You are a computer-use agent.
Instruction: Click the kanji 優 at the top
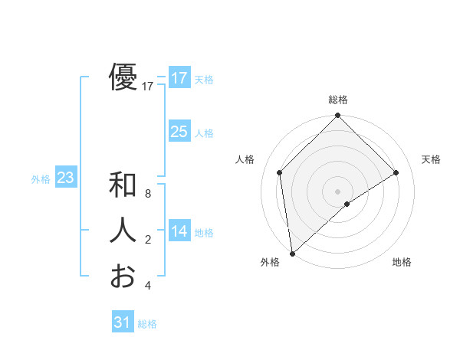[x=123, y=77]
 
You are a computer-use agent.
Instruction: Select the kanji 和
[x=123, y=186]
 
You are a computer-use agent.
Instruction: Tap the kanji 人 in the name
[x=123, y=231]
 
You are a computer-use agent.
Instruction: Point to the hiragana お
[x=123, y=275]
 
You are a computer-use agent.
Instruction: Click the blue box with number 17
[x=179, y=78]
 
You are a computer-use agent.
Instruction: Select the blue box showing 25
[x=179, y=132]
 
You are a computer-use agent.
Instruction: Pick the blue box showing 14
[x=179, y=231]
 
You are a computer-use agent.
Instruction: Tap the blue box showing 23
[x=65, y=178]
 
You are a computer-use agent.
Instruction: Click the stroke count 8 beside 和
[x=147, y=195]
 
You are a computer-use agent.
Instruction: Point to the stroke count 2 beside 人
[x=147, y=240]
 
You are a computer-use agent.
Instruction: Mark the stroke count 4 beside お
[x=147, y=285]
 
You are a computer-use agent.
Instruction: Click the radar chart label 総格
[x=338, y=100]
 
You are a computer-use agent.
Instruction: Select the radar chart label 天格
[x=432, y=159]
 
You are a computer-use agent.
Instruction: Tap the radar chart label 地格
[x=402, y=262]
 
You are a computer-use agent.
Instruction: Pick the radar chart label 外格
[x=270, y=262]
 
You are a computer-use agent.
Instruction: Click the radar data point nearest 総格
[x=338, y=116]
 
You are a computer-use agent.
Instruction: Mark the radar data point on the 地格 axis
[x=347, y=204]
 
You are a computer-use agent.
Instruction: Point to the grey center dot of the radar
[x=338, y=191]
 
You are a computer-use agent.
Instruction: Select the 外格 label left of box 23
[x=41, y=179]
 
